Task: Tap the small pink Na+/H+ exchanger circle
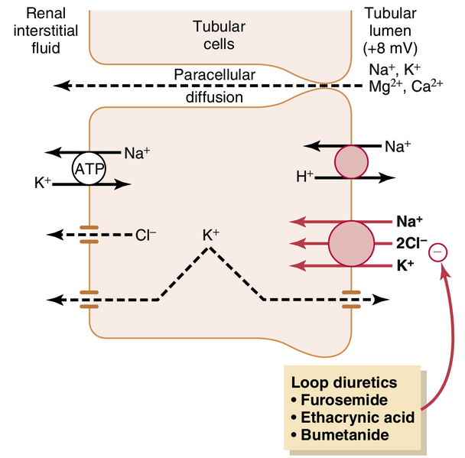tap(351, 161)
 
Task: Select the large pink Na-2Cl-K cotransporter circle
tap(351, 244)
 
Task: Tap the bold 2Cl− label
tap(411, 244)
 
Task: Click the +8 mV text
tap(390, 47)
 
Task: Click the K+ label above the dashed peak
tap(211, 236)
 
